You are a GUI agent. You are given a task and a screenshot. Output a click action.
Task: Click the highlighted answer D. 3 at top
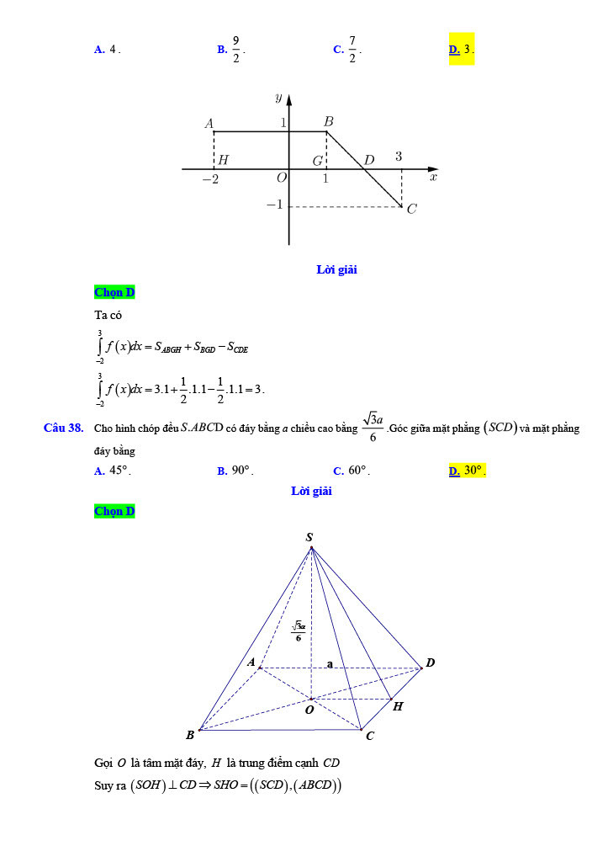462,49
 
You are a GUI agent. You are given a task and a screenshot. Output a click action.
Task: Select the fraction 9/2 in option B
236,49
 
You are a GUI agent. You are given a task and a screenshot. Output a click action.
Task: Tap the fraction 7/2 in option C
352,49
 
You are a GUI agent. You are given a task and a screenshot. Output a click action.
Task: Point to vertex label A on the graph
209,123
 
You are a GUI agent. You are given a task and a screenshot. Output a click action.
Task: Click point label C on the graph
411,209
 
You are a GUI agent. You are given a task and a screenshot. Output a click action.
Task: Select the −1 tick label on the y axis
274,205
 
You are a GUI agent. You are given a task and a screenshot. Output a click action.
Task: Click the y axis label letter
278,97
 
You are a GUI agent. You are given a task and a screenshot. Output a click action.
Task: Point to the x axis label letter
433,177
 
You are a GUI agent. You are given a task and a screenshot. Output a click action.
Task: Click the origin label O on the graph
281,178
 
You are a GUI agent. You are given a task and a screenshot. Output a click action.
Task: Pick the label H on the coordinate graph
224,160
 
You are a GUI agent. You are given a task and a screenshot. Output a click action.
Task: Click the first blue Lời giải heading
336,269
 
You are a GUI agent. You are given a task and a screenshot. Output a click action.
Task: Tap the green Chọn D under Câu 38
114,511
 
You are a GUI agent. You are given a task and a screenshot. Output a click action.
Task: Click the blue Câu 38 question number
63,428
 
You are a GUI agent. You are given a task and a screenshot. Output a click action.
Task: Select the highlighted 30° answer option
474,471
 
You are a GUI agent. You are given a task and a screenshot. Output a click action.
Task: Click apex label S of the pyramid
309,537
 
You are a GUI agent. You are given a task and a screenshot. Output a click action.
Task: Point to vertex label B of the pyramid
190,735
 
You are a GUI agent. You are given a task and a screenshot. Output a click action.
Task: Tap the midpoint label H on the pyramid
398,706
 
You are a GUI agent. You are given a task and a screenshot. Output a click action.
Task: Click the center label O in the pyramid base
309,710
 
